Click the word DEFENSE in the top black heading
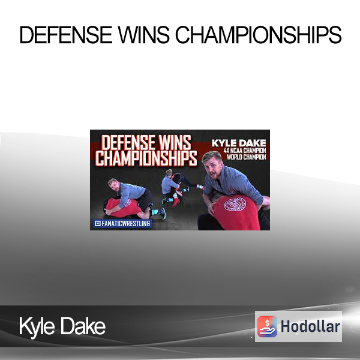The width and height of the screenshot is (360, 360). tap(66, 35)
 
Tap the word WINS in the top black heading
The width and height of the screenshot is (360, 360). tap(143, 35)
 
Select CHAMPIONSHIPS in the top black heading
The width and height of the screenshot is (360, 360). tap(258, 35)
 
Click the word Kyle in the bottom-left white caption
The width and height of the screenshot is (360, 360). tap(37, 326)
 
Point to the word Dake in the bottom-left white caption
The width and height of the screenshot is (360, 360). tap(83, 326)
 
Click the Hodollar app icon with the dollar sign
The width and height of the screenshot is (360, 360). tap(267, 326)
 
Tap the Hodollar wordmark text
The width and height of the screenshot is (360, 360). tap(310, 326)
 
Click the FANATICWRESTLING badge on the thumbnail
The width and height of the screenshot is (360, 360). tap(122, 223)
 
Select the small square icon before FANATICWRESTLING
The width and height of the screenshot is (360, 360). tap(98, 223)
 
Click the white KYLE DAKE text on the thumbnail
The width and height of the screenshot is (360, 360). tap(239, 143)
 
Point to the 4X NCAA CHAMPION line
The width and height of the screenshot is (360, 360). tap(245, 151)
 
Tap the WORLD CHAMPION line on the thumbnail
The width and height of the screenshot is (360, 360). tap(246, 157)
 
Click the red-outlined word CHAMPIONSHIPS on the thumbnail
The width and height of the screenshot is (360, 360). tap(146, 158)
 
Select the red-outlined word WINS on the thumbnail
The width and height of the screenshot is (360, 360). tap(175, 143)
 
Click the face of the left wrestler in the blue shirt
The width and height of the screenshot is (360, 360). tap(114, 187)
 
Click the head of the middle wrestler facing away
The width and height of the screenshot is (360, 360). tap(169, 173)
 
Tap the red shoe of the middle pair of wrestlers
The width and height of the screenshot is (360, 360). tap(176, 201)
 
